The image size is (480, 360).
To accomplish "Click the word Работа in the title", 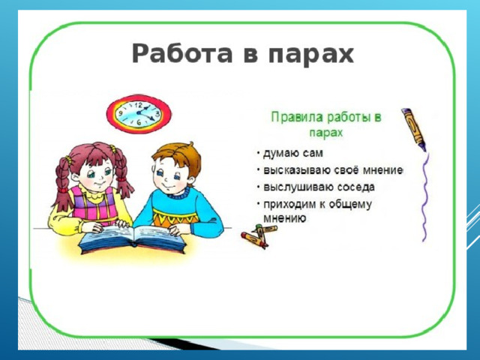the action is point(182,53).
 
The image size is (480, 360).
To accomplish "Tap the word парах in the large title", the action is point(311,55).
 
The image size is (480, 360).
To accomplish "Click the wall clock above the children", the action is point(139,114).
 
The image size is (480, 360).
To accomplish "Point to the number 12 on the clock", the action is point(139,106).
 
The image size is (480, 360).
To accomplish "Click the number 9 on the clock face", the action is point(121,113).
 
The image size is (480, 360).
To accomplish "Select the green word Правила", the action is point(297,117).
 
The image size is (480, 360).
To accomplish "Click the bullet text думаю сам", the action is point(293,153).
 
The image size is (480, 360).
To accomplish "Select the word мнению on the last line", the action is point(284,218).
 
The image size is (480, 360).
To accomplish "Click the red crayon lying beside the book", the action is point(254,240).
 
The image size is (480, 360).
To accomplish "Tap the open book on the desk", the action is point(133,239).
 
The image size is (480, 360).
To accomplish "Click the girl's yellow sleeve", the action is point(63,221).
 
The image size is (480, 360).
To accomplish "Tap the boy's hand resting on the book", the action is point(178,229).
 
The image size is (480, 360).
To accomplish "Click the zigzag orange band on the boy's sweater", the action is point(175,217).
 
